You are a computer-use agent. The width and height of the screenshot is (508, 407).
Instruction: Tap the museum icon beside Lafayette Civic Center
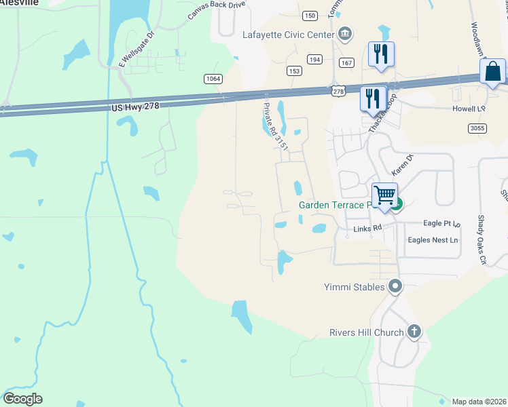[345, 34]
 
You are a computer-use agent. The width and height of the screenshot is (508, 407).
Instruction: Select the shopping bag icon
[492, 72]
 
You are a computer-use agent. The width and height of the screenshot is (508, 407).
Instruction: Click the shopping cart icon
[384, 196]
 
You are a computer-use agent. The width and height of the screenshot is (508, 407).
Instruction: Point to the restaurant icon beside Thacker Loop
[373, 98]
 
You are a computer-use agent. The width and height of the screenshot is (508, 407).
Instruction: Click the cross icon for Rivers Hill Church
[414, 332]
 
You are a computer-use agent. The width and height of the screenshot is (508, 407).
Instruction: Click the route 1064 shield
[213, 79]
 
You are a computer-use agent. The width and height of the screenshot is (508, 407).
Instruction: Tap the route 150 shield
[310, 16]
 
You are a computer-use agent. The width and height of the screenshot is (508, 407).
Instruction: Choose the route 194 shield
[314, 60]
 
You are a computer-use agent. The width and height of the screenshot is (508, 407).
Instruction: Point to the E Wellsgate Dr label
[137, 48]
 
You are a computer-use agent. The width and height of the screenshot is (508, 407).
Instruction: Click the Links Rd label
[368, 229]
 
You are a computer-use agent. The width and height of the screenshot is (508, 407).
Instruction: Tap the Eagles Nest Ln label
[433, 240]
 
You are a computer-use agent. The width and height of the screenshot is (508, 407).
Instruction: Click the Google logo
[22, 399]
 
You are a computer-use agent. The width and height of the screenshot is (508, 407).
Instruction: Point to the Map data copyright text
[479, 402]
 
